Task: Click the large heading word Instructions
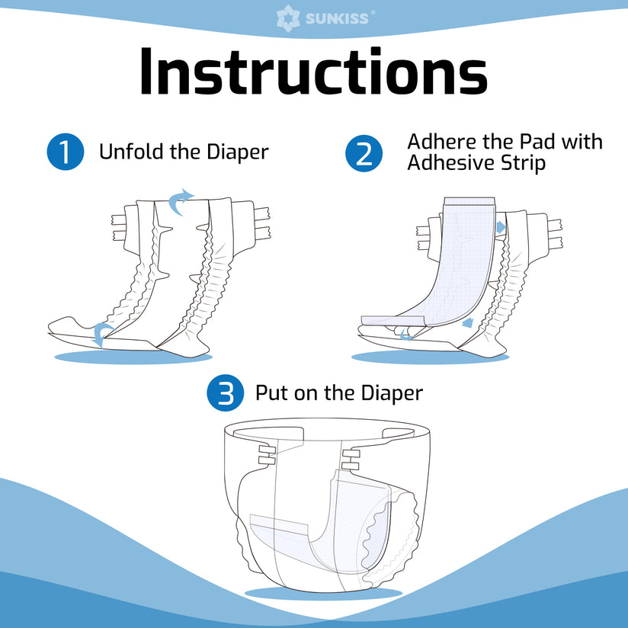click(x=313, y=72)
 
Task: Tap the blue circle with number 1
click(x=64, y=152)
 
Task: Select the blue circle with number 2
click(x=364, y=152)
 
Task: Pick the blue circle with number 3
click(x=225, y=393)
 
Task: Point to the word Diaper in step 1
click(x=238, y=152)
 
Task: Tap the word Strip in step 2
click(x=520, y=163)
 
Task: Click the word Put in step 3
click(x=271, y=393)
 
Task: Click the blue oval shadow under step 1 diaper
click(x=122, y=357)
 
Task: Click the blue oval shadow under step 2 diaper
click(x=427, y=357)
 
